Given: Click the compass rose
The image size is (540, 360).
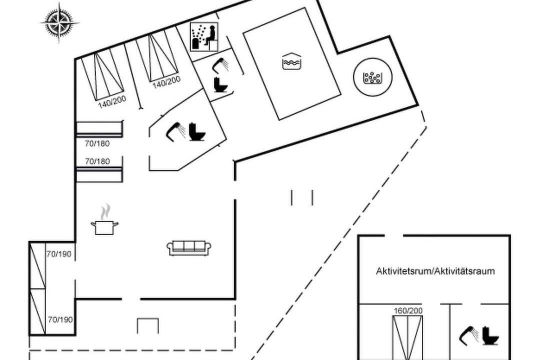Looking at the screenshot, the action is pyautogui.click(x=59, y=22).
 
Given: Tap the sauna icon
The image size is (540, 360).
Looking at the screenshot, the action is pyautogui.click(x=204, y=37).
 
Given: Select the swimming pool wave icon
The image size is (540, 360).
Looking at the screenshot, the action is pyautogui.click(x=291, y=61).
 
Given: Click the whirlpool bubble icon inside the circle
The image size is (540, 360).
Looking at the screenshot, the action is pyautogui.click(x=372, y=77).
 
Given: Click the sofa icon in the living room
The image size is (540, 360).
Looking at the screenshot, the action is pyautogui.click(x=189, y=248).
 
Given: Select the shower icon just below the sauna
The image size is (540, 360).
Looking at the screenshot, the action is pyautogui.click(x=220, y=65).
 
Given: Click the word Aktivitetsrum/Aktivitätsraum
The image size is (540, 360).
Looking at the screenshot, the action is pyautogui.click(x=435, y=271).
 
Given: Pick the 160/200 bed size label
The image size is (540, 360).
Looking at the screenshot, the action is pyautogui.click(x=408, y=310).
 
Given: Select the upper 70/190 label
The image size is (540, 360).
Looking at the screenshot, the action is pyautogui.click(x=59, y=254).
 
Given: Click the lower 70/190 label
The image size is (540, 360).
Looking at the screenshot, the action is pyautogui.click(x=60, y=319).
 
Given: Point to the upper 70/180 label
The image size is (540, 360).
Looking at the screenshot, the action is pyautogui.click(x=97, y=143).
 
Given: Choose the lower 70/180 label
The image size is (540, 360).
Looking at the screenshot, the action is pyautogui.click(x=97, y=161).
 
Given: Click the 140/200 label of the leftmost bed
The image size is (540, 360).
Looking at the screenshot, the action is pyautogui.click(x=112, y=102).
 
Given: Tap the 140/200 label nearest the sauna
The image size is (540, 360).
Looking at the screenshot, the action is pyautogui.click(x=166, y=82).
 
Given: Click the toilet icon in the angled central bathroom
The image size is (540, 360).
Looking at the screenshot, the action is pyautogui.click(x=197, y=131).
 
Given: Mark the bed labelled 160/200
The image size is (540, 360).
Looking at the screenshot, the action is pyautogui.click(x=408, y=337).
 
